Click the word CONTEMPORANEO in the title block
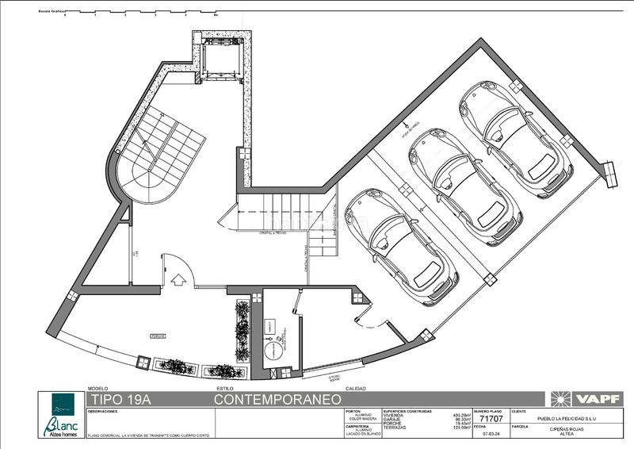pyautogui.click(x=277, y=398)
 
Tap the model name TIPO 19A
pyautogui.click(x=119, y=398)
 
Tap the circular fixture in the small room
pyautogui.click(x=270, y=353)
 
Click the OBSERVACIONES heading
pyautogui.click(x=103, y=413)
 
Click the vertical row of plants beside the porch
pyautogui.click(x=242, y=330)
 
